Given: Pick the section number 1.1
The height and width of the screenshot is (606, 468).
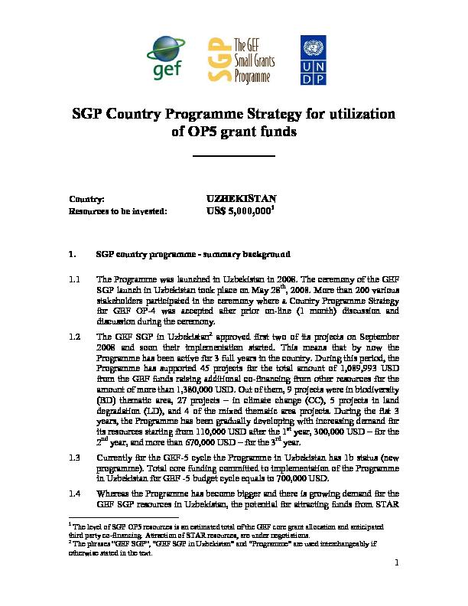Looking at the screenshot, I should click(x=75, y=280).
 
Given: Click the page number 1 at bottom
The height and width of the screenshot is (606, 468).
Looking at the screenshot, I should click(x=398, y=565).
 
